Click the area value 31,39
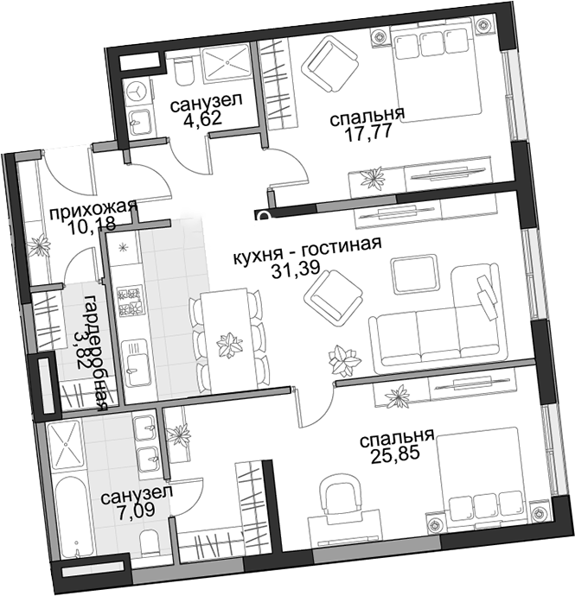tap(296, 269)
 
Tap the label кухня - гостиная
tap(307, 251)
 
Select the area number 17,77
tap(367, 133)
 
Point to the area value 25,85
tap(395, 454)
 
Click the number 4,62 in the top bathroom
tap(202, 118)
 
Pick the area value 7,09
tap(135, 510)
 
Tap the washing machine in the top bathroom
tap(137, 92)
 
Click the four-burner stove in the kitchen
tap(131, 301)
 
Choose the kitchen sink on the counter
tap(136, 363)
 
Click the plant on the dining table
tap(229, 344)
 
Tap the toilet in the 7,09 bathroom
tap(152, 544)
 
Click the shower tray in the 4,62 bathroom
tap(225, 63)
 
